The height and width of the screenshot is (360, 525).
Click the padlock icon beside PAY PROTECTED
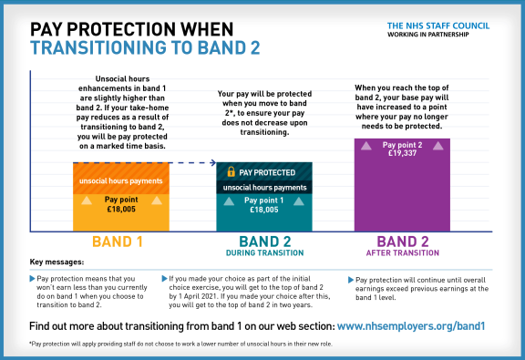coord(232,171)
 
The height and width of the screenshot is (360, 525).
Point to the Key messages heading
coord(57,262)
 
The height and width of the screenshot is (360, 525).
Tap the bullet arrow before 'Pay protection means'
coord(34,277)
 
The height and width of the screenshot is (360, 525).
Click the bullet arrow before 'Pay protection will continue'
coord(351,279)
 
